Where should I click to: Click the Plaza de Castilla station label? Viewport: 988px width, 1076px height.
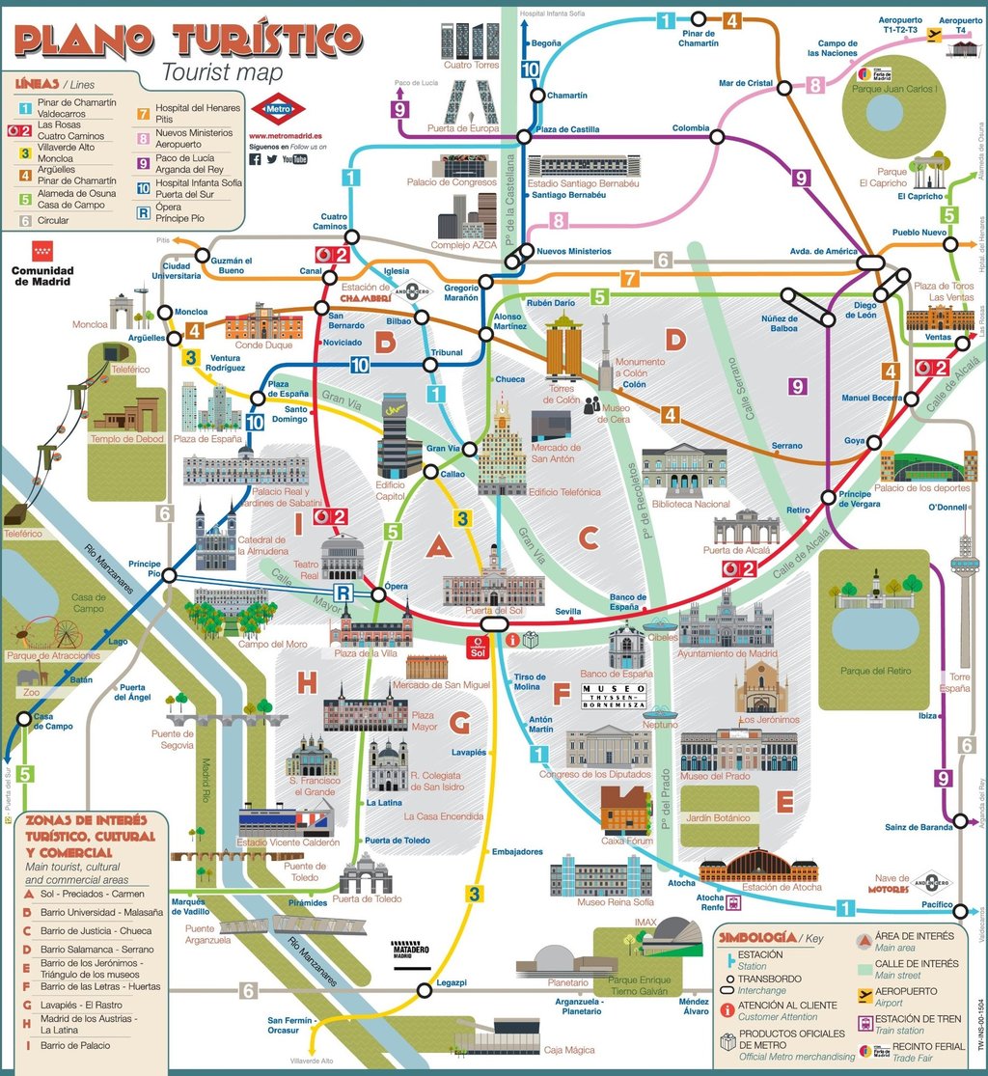point(567,129)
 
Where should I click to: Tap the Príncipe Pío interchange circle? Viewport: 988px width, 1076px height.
point(169,576)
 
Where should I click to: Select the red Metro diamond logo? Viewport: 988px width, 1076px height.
point(278,109)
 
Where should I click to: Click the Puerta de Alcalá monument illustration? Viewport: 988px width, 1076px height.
point(746,527)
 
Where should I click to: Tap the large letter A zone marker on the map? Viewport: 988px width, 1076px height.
point(439,547)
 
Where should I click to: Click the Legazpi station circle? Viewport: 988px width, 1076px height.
point(424,989)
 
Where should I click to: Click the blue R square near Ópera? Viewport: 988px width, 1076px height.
point(342,592)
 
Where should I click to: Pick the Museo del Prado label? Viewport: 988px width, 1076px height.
point(714,776)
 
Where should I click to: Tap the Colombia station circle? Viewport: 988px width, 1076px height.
point(717,136)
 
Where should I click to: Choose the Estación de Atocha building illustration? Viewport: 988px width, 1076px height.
point(758,867)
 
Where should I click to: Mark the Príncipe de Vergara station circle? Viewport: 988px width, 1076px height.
point(827,497)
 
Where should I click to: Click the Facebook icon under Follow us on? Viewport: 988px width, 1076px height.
point(256,159)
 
